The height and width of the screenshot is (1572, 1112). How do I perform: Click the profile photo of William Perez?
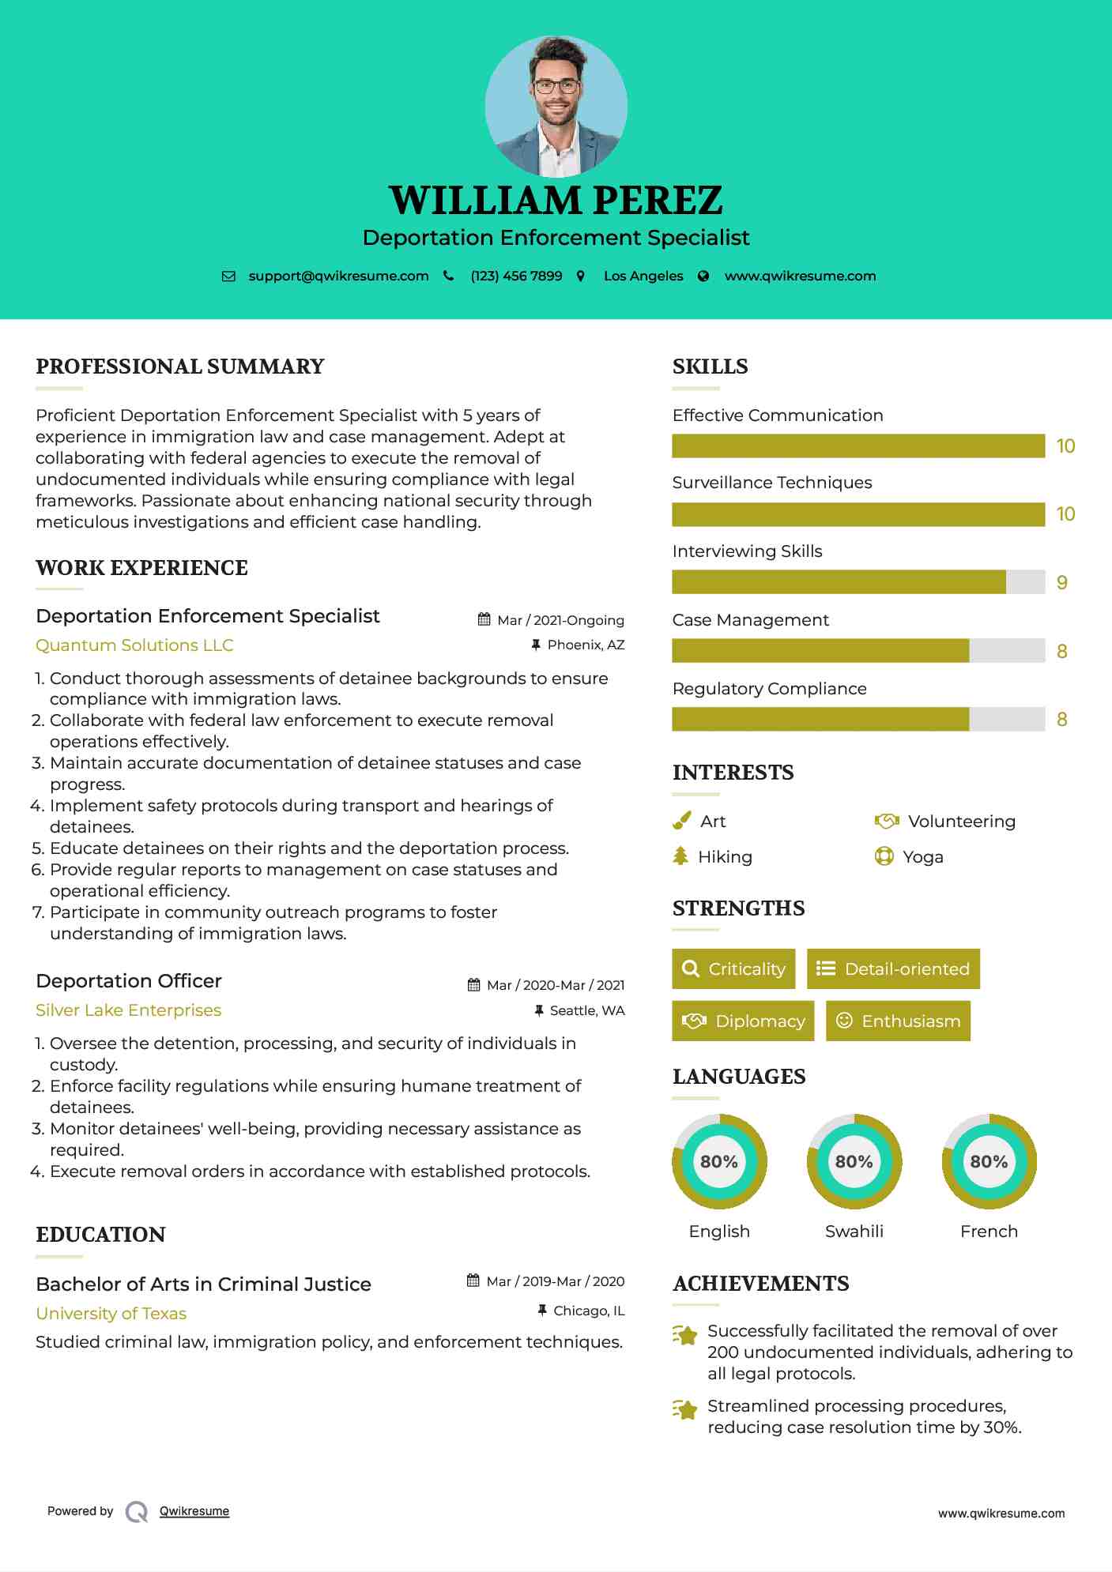[556, 106]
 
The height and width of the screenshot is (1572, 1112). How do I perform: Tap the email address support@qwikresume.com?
[338, 276]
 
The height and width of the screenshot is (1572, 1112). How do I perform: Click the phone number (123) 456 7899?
[516, 276]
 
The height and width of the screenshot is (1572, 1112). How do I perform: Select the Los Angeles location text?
[643, 276]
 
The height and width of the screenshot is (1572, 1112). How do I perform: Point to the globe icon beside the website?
[703, 276]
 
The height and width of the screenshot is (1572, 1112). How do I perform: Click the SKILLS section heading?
[710, 367]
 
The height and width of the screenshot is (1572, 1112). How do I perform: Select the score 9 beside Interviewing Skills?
[1062, 583]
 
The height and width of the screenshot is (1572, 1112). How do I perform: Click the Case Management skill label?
[750, 620]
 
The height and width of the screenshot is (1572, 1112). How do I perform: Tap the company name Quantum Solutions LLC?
[134, 645]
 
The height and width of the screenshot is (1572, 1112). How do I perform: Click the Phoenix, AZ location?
[586, 645]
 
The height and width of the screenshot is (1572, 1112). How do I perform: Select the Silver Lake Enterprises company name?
[128, 1010]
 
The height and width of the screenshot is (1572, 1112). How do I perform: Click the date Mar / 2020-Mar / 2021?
[555, 985]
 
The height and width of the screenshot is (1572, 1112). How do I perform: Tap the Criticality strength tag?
[733, 969]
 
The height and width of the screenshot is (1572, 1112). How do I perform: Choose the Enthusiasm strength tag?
[898, 1021]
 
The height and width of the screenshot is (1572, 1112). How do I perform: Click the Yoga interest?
[922, 857]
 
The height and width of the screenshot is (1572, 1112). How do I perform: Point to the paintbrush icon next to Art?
[681, 822]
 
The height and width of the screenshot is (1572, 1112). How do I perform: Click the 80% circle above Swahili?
[854, 1161]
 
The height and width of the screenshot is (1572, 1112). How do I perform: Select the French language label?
[989, 1232]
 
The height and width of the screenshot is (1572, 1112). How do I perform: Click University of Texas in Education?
[111, 1314]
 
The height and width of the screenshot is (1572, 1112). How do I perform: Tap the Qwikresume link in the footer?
[194, 1511]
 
